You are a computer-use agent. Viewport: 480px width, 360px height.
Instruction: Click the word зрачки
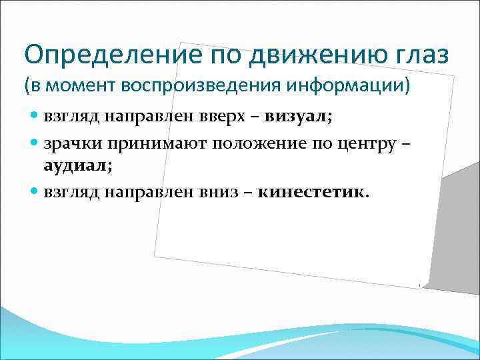pyautogui.click(x=70, y=142)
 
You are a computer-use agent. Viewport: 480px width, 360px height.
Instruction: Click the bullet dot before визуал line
pyautogui.click(x=35, y=117)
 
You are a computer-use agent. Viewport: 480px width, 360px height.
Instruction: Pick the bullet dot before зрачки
pyautogui.click(x=35, y=142)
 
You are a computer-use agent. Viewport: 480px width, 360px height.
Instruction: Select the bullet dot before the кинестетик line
pyautogui.click(x=35, y=192)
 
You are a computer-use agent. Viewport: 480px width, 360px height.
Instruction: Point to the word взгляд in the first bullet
pyautogui.click(x=70, y=117)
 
